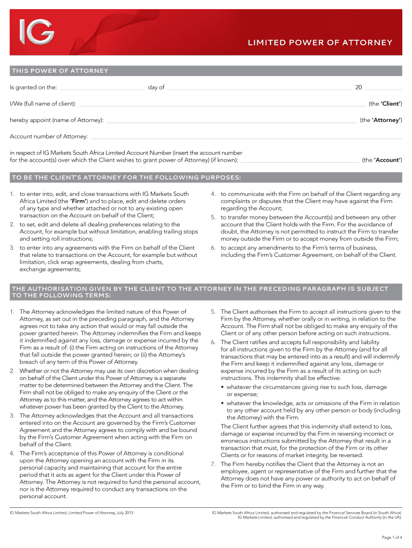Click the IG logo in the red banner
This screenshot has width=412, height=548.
[x=36, y=33]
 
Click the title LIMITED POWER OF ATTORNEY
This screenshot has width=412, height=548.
[x=319, y=43]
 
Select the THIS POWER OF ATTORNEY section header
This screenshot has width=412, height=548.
[x=59, y=71]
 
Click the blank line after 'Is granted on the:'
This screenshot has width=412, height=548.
[x=102, y=88]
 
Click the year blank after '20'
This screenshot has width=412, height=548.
[x=383, y=88]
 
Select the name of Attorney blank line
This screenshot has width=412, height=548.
[x=231, y=121]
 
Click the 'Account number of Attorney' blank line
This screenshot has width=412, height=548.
[x=246, y=138]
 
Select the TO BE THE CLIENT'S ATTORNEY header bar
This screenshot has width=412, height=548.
[x=126, y=178]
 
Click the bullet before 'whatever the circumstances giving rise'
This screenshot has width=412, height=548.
[x=223, y=387]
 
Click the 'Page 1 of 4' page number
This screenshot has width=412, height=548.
[x=392, y=537]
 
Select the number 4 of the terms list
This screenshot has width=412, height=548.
[x=12, y=453]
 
